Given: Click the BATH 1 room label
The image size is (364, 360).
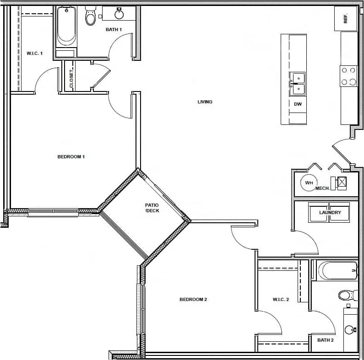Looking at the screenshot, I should pos(114,30).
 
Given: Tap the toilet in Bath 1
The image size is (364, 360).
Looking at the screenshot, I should pos(91,16).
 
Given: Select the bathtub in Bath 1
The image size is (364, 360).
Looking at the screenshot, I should pos(66,27).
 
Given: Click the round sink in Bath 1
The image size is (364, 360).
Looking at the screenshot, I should pos(119,14).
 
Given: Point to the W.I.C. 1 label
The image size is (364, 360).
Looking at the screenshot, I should pos(34,54).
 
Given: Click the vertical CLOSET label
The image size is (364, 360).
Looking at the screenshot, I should pos(71,79).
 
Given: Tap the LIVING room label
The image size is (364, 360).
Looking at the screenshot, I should pos(205,102).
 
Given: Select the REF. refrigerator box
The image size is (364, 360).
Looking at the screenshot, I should pos(346,19).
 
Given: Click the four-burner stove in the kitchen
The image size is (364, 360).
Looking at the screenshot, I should pos(348,76).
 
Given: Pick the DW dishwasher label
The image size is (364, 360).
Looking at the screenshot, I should pos(298,104).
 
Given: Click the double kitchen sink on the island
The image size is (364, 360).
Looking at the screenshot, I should pos(298,84).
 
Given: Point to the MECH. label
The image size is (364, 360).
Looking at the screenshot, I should pos(323,188).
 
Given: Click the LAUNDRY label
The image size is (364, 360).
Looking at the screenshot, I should pos(330,213).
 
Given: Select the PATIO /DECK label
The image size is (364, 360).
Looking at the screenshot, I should pos(152,208).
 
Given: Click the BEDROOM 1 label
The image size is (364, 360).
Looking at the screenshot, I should pos(71,157).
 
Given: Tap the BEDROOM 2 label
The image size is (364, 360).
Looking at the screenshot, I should pos(193,300).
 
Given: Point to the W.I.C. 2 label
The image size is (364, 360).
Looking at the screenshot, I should pos(281,300).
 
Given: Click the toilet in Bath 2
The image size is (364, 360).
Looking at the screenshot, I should pos(347,295).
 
